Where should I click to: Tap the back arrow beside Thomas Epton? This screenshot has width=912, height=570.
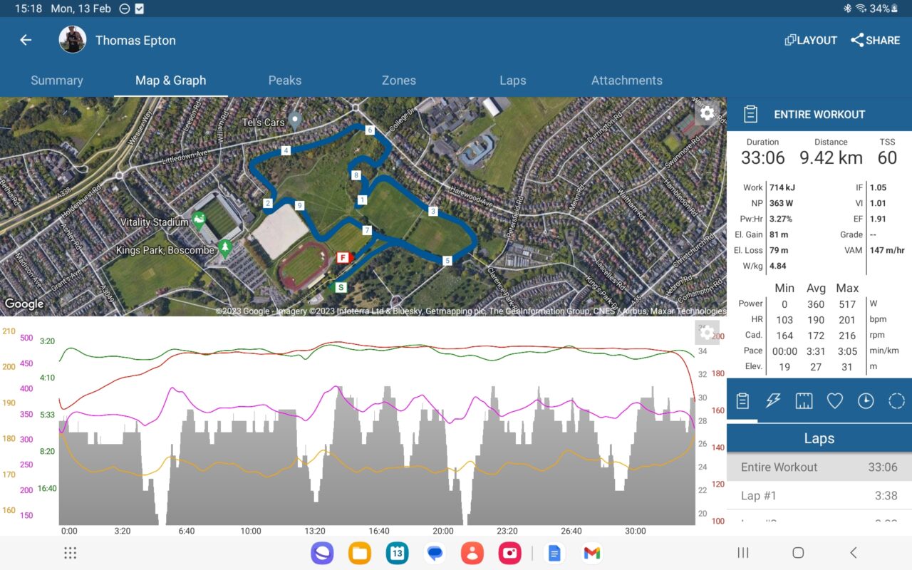(x=26, y=41)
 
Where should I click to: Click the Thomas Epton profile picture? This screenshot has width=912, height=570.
(x=73, y=40)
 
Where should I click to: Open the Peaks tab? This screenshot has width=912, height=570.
(x=285, y=81)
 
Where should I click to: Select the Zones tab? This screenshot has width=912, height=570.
(x=399, y=81)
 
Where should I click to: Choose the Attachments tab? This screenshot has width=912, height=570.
(x=627, y=81)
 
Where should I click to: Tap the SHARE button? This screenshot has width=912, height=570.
(x=876, y=41)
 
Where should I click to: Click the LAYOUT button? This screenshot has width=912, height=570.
(x=811, y=41)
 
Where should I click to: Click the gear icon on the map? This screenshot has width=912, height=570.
(x=707, y=113)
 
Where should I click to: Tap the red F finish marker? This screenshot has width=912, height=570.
(x=343, y=257)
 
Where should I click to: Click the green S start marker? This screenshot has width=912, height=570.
(x=341, y=287)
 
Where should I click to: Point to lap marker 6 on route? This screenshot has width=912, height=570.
(x=370, y=130)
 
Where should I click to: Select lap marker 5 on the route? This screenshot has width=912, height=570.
(x=447, y=261)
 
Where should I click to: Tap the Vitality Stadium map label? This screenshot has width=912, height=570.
(x=155, y=222)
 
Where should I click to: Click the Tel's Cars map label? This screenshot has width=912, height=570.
(x=264, y=123)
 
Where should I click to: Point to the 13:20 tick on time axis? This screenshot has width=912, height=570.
(x=315, y=531)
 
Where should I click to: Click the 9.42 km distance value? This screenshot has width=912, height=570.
(x=831, y=157)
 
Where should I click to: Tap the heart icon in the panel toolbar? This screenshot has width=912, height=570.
(x=834, y=401)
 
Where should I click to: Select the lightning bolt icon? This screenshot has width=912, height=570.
(x=773, y=401)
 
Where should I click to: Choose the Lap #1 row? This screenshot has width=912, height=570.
(x=819, y=495)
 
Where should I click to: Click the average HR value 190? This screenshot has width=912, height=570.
(x=816, y=319)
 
